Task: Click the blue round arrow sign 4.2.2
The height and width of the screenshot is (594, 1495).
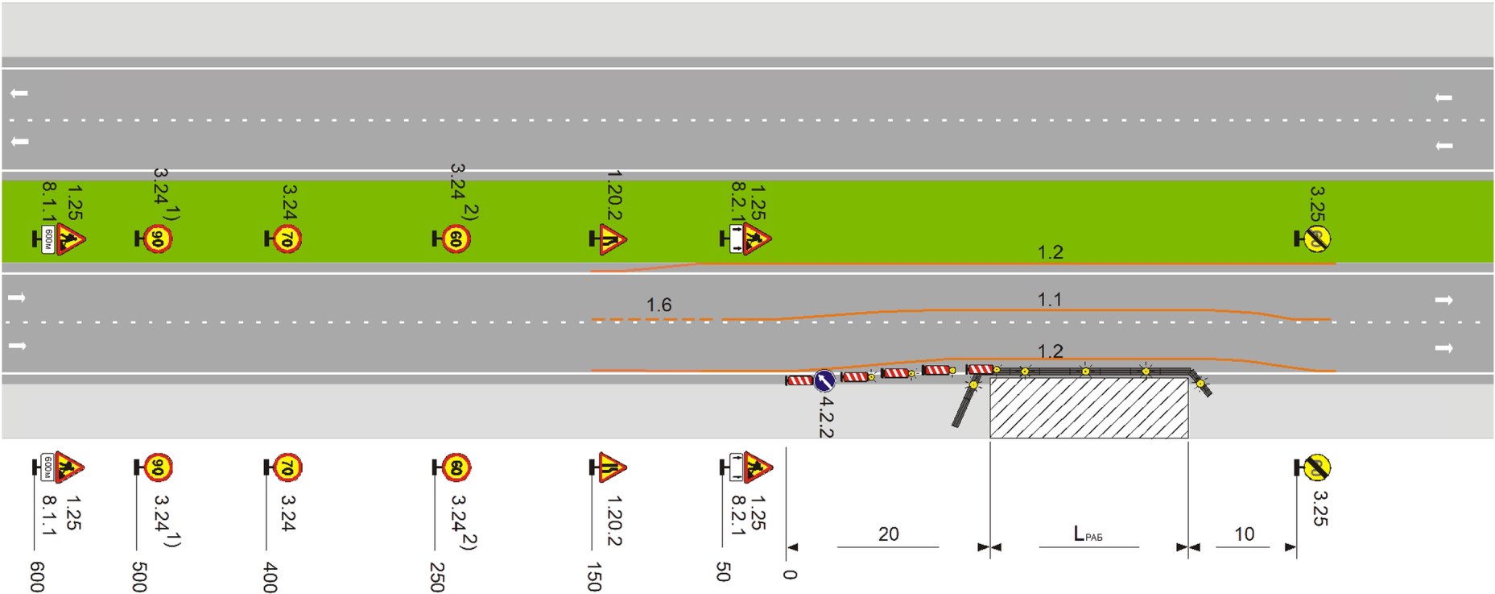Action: coord(824,380)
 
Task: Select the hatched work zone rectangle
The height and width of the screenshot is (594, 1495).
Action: coord(1088,408)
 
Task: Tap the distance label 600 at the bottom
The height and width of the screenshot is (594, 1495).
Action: coord(37,577)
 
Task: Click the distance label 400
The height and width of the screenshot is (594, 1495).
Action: coord(271,577)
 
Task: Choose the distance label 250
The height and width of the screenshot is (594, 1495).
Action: coord(437,577)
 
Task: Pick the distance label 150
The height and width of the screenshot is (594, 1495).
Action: coord(594,577)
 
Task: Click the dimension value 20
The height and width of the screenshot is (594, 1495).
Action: coord(888,534)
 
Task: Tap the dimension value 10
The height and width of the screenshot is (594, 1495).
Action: coord(1244,534)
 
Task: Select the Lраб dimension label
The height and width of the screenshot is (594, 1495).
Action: coord(1088,534)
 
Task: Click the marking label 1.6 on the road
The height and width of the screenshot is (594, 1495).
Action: coord(659,305)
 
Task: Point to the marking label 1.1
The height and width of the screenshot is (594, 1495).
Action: coord(1049,300)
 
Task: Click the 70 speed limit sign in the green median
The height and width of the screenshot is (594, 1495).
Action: coord(287,239)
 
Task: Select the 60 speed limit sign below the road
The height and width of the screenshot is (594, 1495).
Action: coord(456,467)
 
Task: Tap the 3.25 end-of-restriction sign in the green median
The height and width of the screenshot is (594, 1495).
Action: coord(1316,239)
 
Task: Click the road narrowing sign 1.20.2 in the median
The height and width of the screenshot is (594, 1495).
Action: coord(611,239)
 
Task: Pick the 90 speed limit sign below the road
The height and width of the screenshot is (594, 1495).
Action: coord(158,467)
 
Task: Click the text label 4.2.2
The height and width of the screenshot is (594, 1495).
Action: coord(826,417)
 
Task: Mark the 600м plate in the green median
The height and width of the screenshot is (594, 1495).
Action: coord(48,239)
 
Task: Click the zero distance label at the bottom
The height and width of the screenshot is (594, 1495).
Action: coord(791,574)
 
